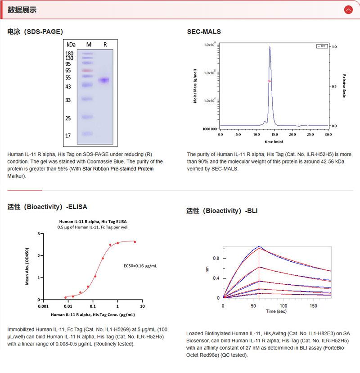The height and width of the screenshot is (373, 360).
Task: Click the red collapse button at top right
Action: [348, 9]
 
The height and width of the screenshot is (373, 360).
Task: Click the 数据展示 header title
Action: [22, 9]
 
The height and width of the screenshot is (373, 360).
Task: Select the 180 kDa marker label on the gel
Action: [69, 54]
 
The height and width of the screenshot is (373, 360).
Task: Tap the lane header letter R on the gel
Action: [105, 45]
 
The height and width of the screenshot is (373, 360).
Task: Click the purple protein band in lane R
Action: [104, 80]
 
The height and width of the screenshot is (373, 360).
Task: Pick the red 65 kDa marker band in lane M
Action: [87, 71]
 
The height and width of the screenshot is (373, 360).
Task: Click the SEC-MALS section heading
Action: [204, 32]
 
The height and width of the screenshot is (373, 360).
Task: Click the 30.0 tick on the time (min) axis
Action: [328, 134]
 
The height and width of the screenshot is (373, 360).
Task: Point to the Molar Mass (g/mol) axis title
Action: [195, 86]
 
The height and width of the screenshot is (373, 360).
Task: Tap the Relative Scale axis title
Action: [344, 86]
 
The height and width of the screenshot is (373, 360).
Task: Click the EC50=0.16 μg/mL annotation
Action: [140, 266]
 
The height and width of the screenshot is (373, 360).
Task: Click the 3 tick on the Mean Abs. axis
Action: [39, 234]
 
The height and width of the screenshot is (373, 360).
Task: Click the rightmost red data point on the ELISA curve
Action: [135, 242]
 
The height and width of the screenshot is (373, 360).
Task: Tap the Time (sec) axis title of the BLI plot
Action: [276, 311]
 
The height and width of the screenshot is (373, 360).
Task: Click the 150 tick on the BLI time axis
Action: [313, 305]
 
